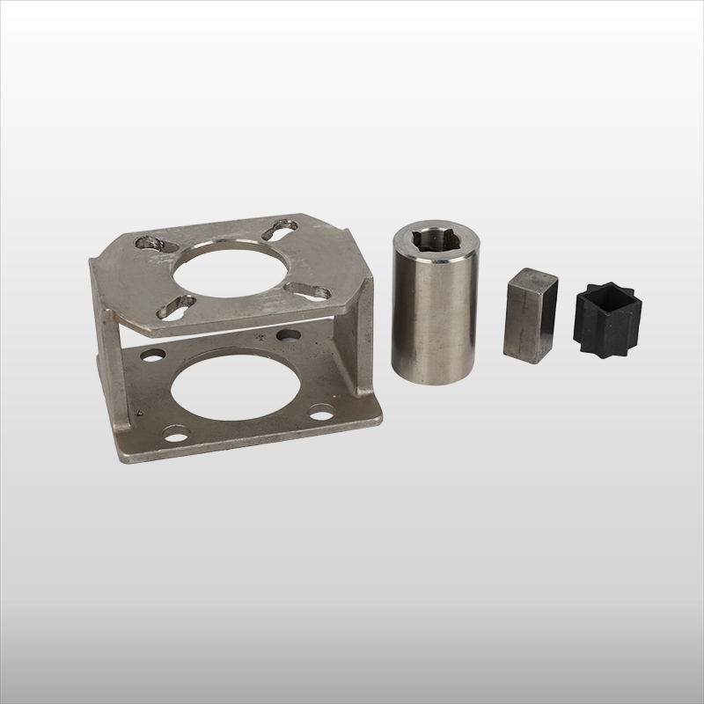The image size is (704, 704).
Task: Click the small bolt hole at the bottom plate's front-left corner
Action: pyautogui.click(x=176, y=433)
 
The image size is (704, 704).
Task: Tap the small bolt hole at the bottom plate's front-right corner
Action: pyautogui.click(x=322, y=410)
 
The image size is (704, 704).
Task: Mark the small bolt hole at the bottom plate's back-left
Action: pyautogui.click(x=152, y=356)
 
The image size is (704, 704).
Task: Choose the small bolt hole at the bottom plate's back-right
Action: pyautogui.click(x=289, y=335)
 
